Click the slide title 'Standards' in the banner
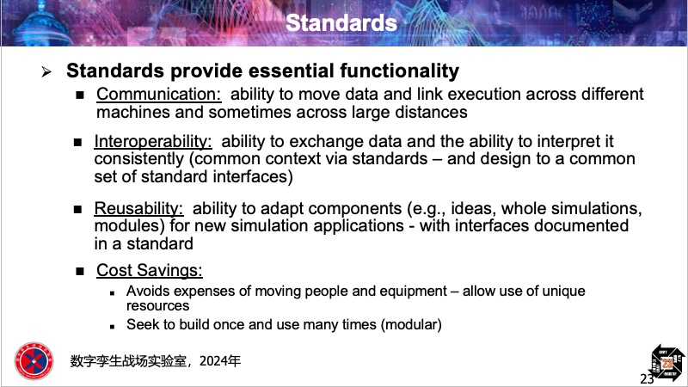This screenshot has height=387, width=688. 341,23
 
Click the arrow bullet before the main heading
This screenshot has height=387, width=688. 46,71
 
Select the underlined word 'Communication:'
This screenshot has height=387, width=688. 159,94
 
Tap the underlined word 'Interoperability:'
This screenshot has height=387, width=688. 153,141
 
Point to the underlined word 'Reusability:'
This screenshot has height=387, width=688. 138,208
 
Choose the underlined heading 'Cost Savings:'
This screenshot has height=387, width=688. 150,270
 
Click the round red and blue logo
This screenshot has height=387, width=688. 34,361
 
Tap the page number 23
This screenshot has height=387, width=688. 647,378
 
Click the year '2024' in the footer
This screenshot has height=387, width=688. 215,361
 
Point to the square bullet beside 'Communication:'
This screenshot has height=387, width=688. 80,95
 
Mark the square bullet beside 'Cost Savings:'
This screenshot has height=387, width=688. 80,271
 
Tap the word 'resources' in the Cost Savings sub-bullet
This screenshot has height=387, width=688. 158,306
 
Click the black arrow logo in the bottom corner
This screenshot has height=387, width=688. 667,363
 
